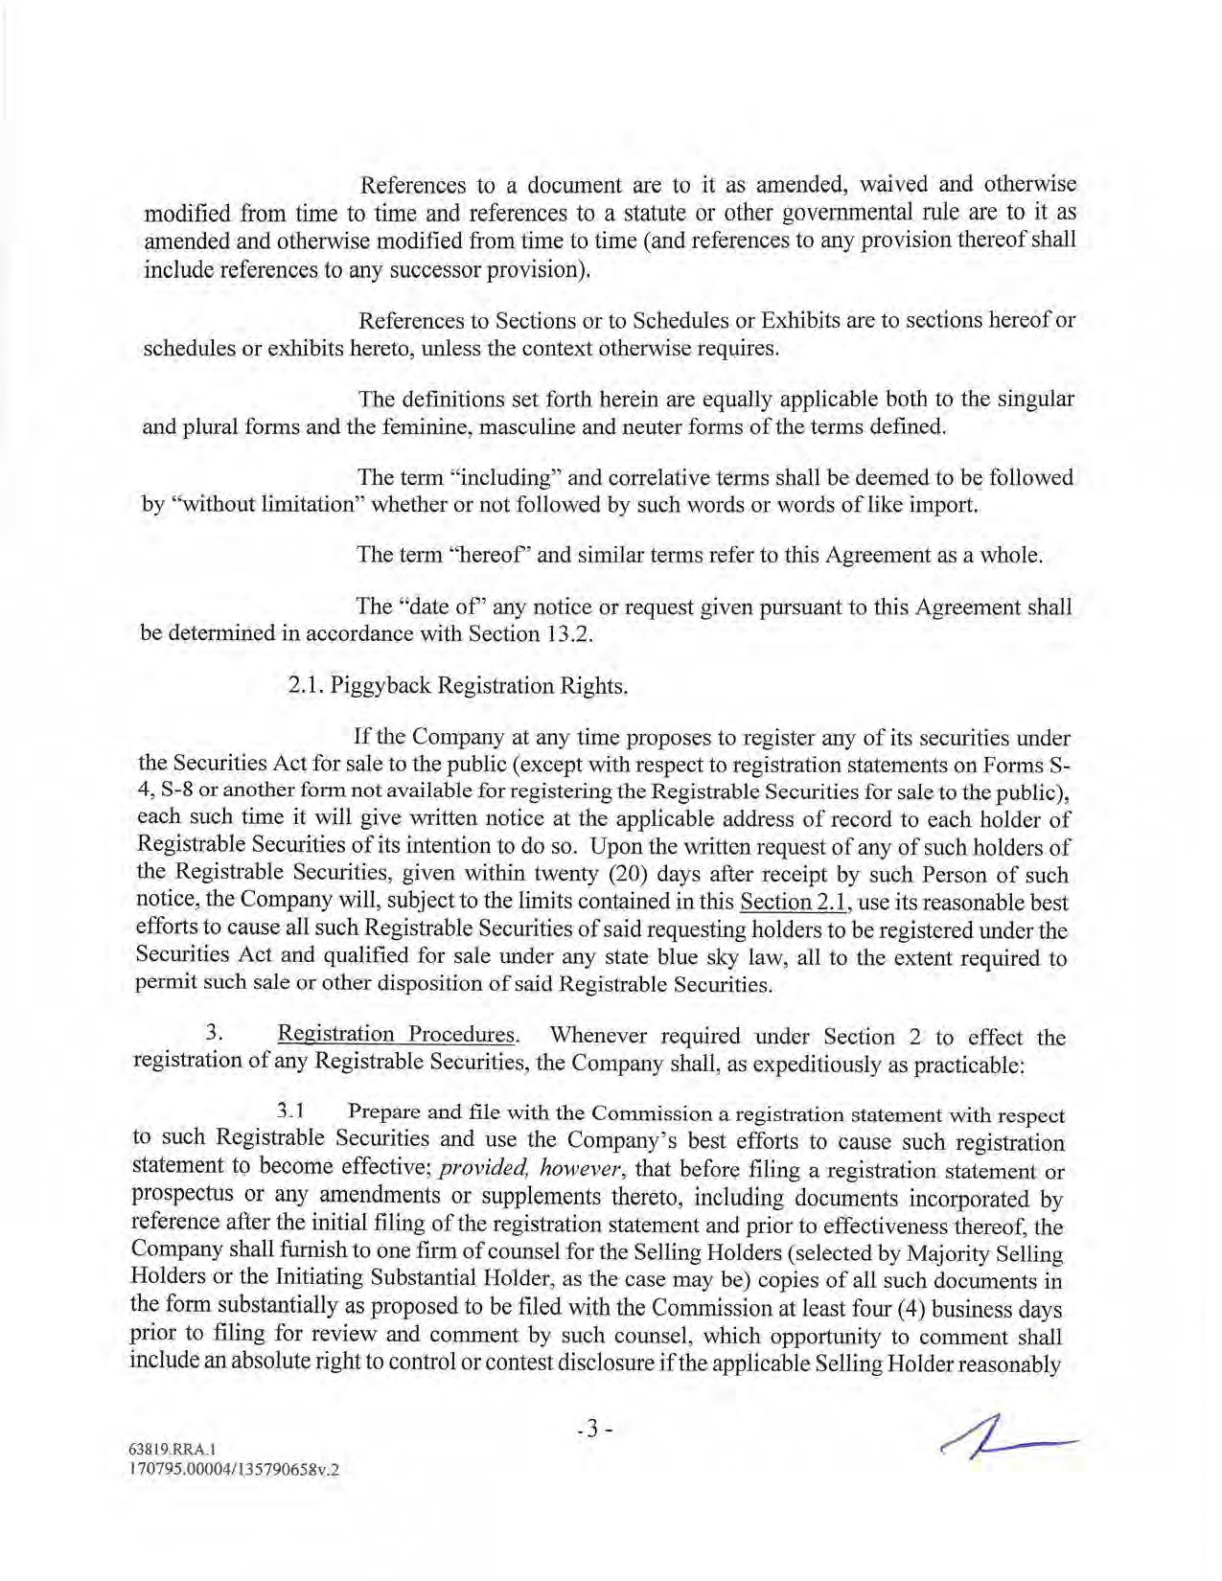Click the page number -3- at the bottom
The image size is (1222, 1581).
pyautogui.click(x=593, y=1430)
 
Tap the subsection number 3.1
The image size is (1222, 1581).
pyautogui.click(x=290, y=1112)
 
